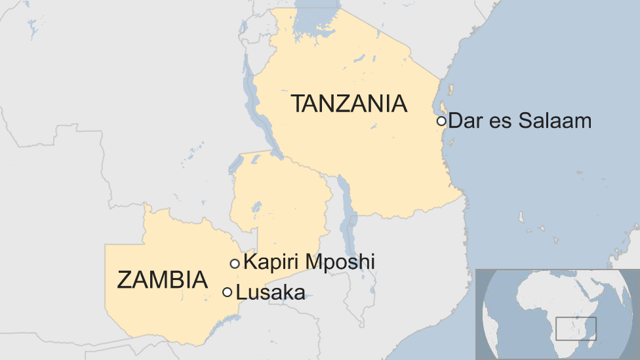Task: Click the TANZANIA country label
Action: (349, 104)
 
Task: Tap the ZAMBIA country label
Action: (162, 280)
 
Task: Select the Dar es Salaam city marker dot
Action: (441, 121)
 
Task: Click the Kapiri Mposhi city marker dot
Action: (235, 264)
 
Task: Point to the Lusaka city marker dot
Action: (228, 292)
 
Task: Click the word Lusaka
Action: (270, 292)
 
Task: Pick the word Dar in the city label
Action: (464, 121)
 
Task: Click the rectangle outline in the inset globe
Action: (576, 329)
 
